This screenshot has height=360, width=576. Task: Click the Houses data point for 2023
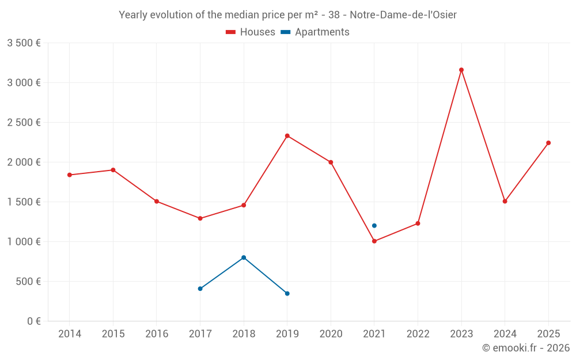tap(461, 70)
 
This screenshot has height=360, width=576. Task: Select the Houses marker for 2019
tap(287, 136)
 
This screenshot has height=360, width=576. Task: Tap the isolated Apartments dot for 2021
tap(374, 226)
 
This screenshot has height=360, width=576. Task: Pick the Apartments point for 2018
tap(244, 257)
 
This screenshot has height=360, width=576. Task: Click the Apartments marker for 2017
tap(200, 289)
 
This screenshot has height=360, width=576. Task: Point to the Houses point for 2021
tap(374, 241)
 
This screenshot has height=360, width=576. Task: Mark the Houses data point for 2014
tap(70, 175)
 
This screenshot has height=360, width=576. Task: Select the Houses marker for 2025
tap(548, 143)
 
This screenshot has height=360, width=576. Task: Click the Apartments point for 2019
tap(287, 294)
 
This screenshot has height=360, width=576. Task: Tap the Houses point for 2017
tap(200, 218)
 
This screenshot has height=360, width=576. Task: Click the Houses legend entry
tap(251, 32)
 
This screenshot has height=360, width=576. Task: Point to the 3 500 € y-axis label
tap(24, 43)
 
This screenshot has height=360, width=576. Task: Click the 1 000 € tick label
tap(24, 242)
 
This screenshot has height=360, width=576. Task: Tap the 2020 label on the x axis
tap(331, 334)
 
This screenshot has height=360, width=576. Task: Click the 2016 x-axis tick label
tap(157, 334)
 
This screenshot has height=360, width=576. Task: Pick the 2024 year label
tap(505, 334)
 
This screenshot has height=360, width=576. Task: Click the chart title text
tap(287, 15)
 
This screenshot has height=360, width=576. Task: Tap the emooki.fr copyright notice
tap(525, 348)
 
